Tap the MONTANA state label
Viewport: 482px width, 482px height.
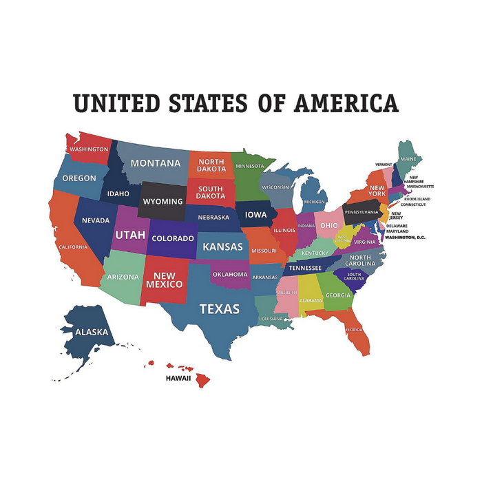click(x=155, y=163)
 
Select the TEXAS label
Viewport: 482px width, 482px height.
click(x=219, y=308)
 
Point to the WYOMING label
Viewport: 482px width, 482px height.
click(x=163, y=202)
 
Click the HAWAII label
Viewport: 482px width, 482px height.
click(x=178, y=378)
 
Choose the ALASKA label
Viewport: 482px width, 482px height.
click(x=92, y=332)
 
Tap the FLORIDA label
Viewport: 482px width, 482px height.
click(x=355, y=330)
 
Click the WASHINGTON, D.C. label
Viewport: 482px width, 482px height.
click(x=406, y=238)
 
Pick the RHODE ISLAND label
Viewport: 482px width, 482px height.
click(x=417, y=199)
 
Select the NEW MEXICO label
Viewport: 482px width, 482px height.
click(x=164, y=280)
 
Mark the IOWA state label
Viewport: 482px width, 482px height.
click(x=255, y=215)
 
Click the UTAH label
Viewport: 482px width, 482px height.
click(x=129, y=235)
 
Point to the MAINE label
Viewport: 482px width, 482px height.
click(x=408, y=159)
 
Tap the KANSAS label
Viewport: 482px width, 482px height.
click(x=222, y=247)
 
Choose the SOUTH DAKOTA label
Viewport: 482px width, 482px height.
click(x=211, y=192)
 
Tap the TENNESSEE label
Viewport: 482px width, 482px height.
click(x=304, y=268)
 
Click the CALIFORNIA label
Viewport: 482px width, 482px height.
click(x=73, y=247)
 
